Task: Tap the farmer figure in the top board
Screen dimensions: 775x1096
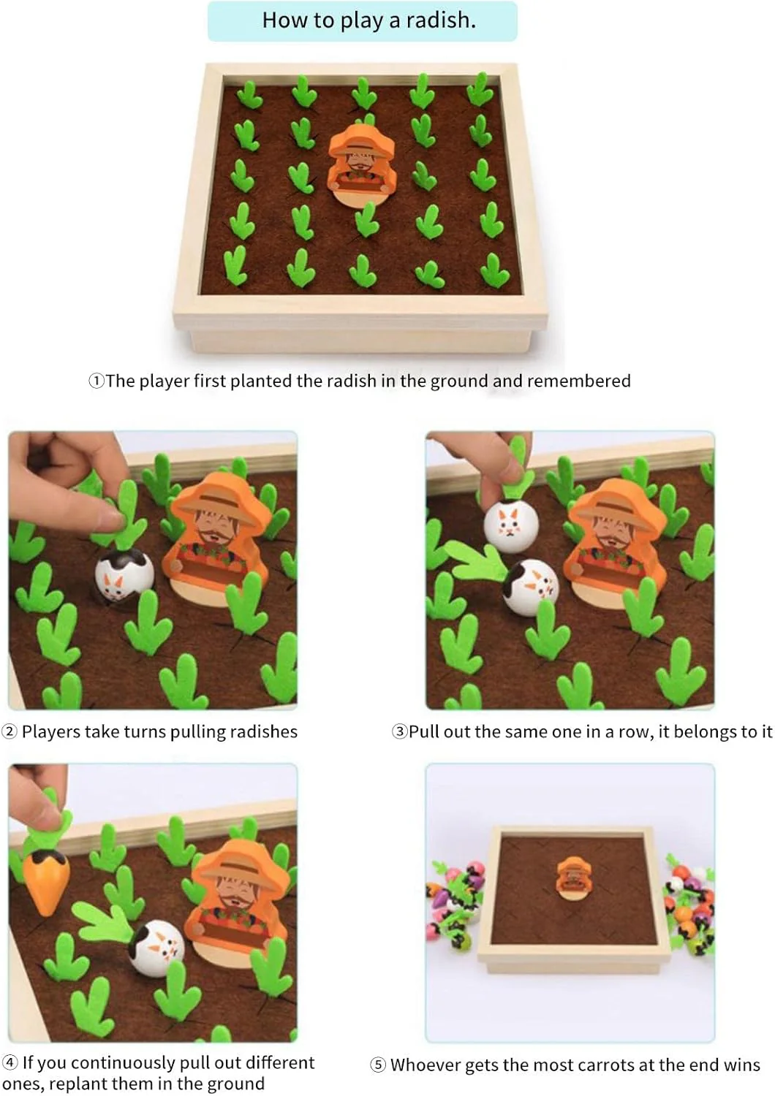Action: coord(361,162)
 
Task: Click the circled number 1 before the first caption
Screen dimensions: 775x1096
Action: coord(97,381)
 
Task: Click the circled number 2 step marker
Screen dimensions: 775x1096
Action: coord(10,732)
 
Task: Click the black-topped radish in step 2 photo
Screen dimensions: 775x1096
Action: coord(124,574)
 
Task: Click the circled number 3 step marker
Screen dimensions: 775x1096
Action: coord(400,732)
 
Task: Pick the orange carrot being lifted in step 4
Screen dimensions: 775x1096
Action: coord(46,881)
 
